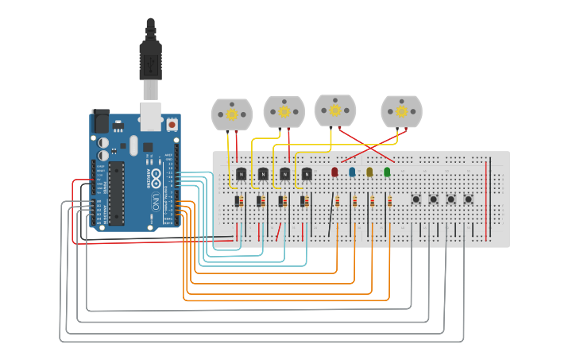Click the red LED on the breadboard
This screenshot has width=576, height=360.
(334, 172)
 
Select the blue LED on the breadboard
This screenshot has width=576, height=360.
(352, 172)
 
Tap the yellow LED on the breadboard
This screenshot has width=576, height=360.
(369, 172)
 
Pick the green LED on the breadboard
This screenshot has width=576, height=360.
(387, 172)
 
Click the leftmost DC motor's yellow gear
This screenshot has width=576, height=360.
(232, 114)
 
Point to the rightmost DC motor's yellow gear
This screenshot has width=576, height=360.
(401, 111)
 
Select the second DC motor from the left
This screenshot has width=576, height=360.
(284, 112)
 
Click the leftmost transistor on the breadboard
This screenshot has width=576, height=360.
(241, 173)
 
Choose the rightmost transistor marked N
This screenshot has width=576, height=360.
(307, 173)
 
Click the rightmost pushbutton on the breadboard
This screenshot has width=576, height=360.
(469, 199)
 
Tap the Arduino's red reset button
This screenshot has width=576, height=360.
(172, 125)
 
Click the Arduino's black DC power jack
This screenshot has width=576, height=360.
(100, 121)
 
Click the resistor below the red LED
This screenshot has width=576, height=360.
(337, 202)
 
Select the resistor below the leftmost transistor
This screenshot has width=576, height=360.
(238, 202)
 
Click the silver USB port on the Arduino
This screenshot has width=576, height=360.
(150, 114)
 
